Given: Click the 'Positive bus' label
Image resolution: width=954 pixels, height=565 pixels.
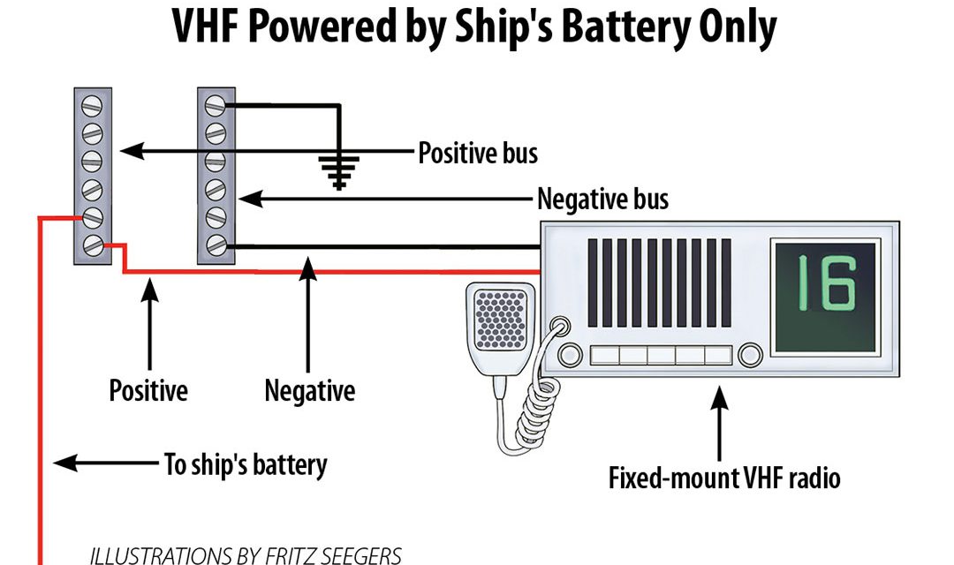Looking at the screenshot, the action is [478, 153].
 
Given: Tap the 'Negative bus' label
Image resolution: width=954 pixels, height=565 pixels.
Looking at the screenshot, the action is [603, 200].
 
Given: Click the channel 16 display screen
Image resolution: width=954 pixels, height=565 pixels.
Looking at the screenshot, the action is [824, 297].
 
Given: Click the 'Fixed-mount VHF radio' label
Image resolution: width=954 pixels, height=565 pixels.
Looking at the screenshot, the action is [724, 478].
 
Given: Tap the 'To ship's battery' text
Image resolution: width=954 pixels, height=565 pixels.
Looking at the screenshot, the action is [246, 465].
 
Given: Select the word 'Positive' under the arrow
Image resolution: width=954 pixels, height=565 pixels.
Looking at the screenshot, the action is [148, 390].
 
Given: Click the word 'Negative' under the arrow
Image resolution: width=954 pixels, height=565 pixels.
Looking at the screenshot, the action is [310, 390].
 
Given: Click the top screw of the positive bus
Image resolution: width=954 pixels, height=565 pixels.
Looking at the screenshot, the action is [92, 105].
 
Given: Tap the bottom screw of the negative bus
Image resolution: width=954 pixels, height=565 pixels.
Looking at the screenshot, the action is [216, 245].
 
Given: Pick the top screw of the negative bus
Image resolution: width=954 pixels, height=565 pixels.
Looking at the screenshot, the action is [216, 106].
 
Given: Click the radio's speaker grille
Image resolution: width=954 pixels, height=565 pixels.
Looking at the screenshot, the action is [660, 282].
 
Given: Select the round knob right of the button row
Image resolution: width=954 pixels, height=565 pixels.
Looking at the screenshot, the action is [750, 355].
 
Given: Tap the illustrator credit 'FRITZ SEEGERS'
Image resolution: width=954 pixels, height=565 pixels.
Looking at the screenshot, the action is [333, 556].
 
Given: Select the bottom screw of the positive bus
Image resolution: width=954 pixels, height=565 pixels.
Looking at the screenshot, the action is [93, 245].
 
